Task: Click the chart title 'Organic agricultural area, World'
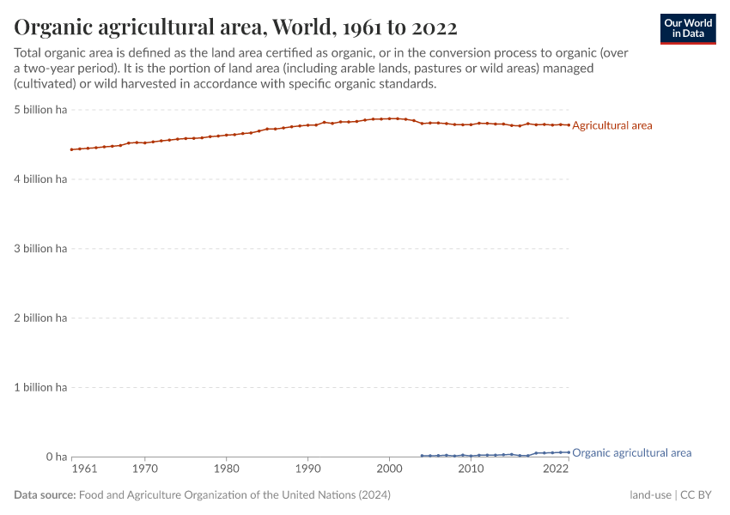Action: point(235,27)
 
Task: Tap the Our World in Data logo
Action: point(687,28)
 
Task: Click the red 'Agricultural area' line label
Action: point(611,125)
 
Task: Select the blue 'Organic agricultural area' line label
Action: point(631,452)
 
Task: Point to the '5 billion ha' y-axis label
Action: point(40,110)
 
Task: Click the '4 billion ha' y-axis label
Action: point(40,179)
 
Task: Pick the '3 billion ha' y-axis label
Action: point(40,249)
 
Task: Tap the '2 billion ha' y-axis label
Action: point(40,318)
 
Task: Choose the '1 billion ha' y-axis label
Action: point(40,387)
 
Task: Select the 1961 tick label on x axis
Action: point(84,470)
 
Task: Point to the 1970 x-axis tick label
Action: point(145,470)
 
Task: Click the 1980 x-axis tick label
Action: point(226,470)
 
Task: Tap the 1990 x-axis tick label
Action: point(307,470)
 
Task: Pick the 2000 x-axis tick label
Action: point(389,470)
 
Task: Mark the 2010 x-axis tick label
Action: point(470,470)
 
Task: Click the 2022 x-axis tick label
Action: point(556,470)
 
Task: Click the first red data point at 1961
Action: point(72,149)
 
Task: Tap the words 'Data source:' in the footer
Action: point(45,495)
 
